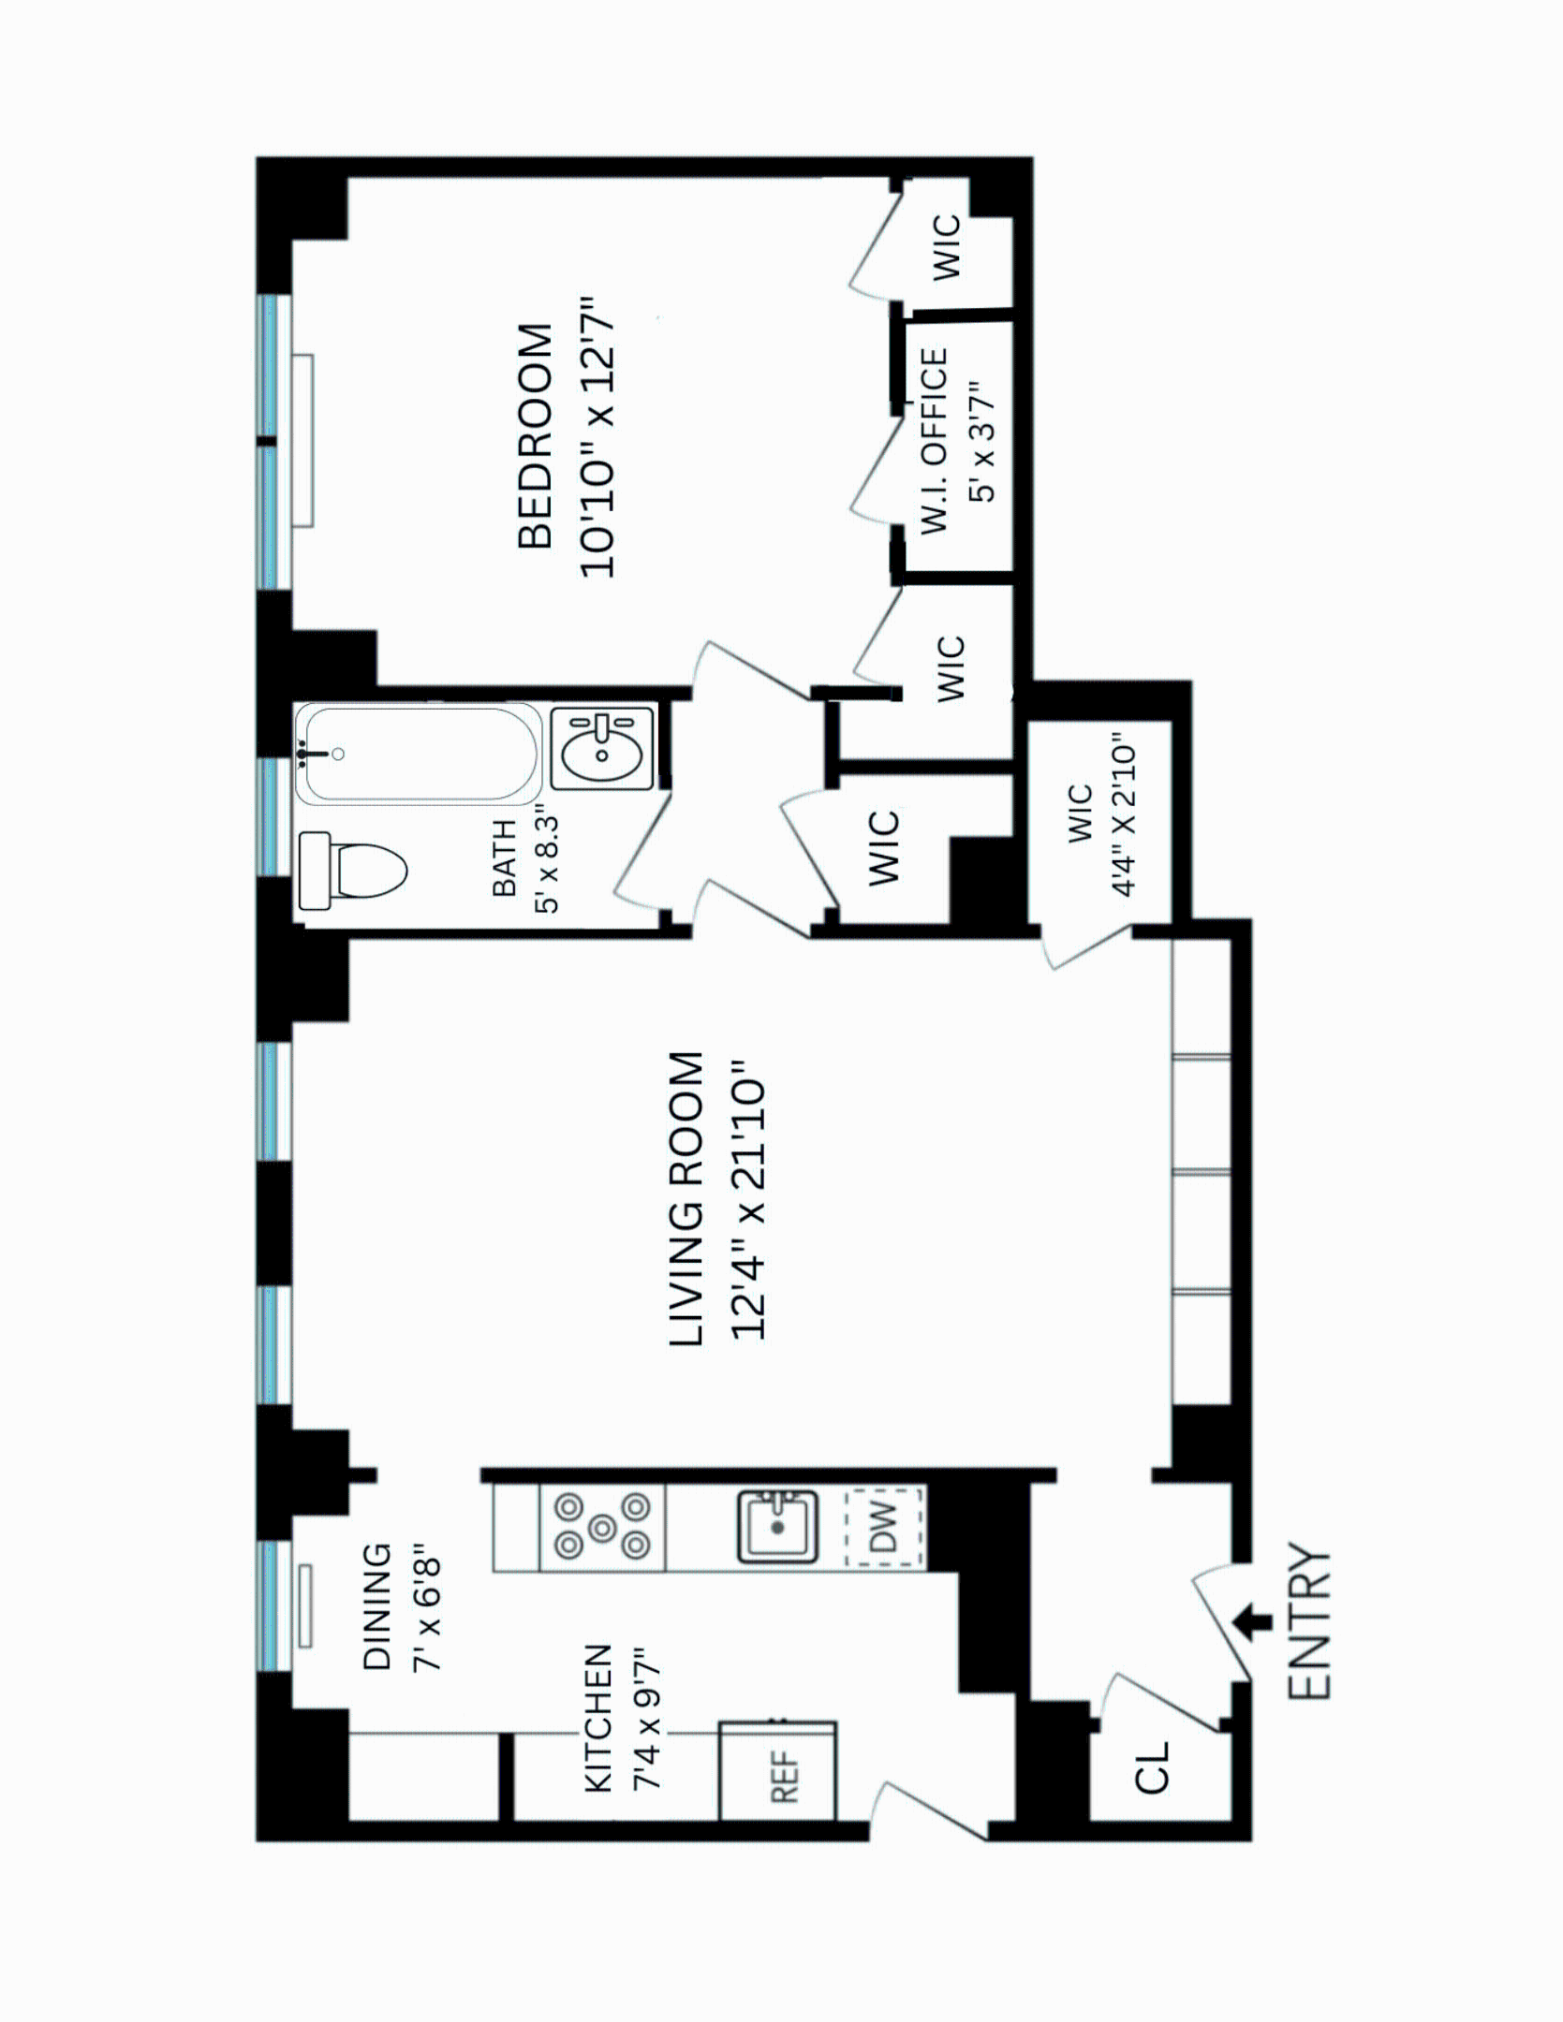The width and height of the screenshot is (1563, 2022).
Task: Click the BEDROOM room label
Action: [536, 436]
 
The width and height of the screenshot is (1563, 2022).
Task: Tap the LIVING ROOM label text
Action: [686, 1200]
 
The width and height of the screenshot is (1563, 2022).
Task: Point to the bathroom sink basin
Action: [602, 749]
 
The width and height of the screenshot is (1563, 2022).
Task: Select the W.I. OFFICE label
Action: [934, 440]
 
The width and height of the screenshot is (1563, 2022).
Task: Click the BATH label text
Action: [504, 858]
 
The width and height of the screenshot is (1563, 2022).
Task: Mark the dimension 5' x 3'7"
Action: [981, 440]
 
